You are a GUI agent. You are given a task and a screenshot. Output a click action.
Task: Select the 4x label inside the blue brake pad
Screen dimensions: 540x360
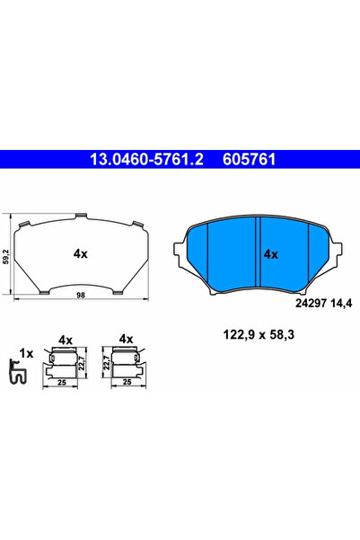(x=270, y=254)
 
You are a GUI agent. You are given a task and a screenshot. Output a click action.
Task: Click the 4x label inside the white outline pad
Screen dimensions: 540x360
(x=80, y=253)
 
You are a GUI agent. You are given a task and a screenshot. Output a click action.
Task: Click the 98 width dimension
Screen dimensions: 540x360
(x=81, y=295)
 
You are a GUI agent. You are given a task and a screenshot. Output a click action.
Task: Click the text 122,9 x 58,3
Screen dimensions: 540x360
(x=251, y=335)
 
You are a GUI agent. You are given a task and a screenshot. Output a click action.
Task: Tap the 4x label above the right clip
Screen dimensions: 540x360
(x=126, y=339)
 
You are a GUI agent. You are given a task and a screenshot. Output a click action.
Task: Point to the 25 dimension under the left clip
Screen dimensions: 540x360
(x=61, y=381)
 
